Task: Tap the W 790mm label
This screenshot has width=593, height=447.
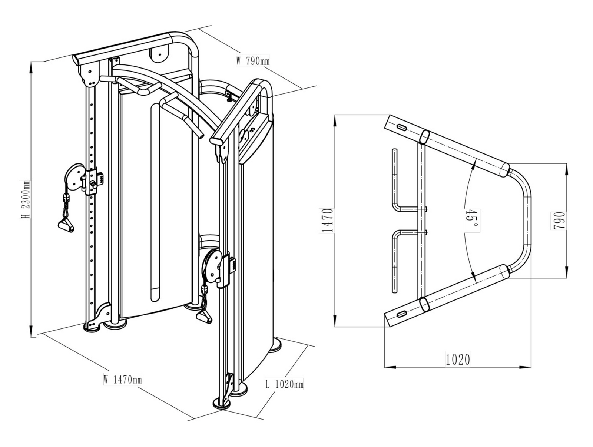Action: tap(253, 60)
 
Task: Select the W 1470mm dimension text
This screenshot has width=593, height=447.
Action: tap(123, 380)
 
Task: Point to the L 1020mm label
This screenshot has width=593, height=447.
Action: tap(284, 384)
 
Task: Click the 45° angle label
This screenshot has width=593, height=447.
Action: tap(472, 219)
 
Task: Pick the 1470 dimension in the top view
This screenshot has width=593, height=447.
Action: tap(328, 220)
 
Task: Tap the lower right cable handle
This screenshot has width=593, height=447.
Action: tap(203, 317)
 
